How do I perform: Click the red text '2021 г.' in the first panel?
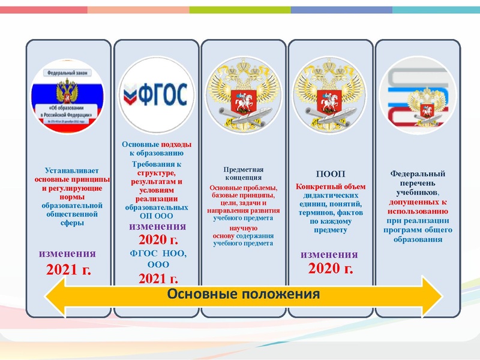[x=68, y=269]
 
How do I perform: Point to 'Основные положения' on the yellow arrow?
[x=243, y=294]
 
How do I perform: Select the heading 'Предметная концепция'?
[x=244, y=173]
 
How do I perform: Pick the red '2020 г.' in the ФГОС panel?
[x=158, y=240]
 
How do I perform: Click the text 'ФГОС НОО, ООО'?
[x=158, y=258]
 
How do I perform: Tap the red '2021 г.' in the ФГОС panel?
[x=158, y=278]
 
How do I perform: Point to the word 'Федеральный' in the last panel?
[x=413, y=174]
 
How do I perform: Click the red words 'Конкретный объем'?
[x=331, y=187]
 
